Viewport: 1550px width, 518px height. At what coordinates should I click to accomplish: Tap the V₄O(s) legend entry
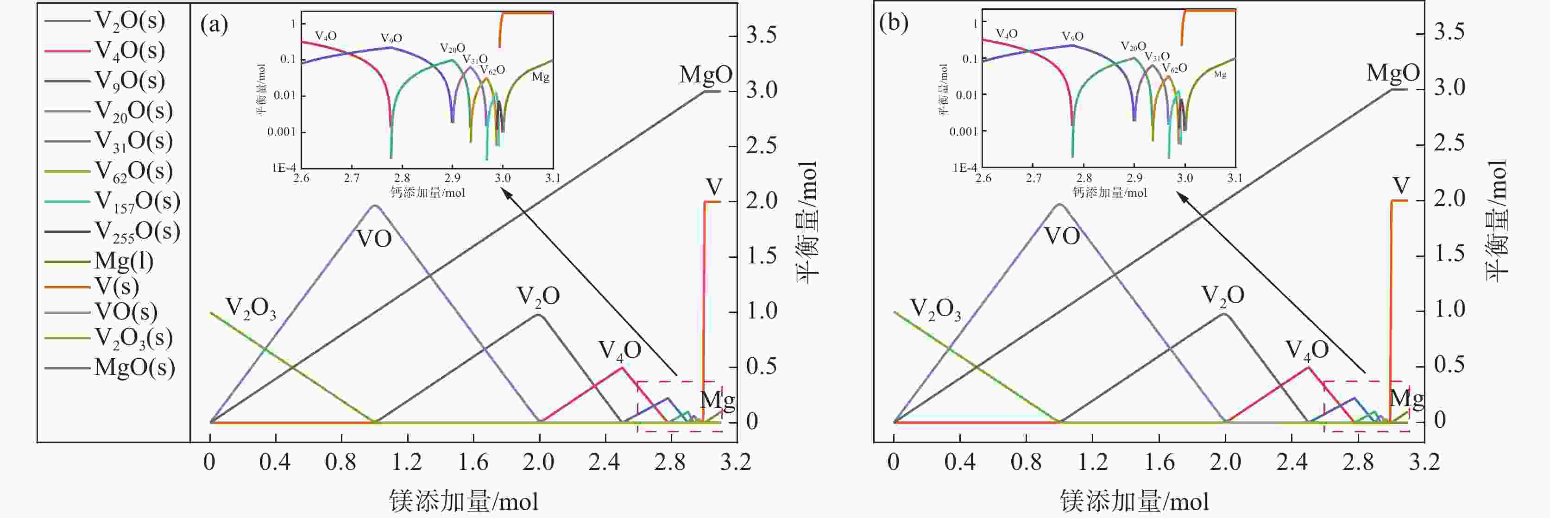point(129,50)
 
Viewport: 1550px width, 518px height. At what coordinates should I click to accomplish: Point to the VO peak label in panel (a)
point(374,239)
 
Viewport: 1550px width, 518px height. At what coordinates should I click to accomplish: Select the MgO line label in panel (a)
point(705,75)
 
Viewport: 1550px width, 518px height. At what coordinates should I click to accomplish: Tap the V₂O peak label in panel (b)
point(1222,295)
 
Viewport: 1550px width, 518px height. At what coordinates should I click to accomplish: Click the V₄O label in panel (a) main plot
point(619,350)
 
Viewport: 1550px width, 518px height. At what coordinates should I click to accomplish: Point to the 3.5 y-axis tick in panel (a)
point(762,35)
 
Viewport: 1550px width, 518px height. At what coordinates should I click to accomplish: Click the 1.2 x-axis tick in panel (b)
point(1092,462)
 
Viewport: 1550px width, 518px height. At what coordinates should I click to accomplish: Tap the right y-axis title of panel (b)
point(1498,219)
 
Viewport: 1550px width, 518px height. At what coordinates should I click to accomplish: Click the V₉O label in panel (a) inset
point(391,38)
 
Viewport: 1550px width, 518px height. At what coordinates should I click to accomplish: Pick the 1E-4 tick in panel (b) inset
point(964,168)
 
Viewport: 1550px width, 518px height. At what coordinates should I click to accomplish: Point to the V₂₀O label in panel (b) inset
point(1133,46)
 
